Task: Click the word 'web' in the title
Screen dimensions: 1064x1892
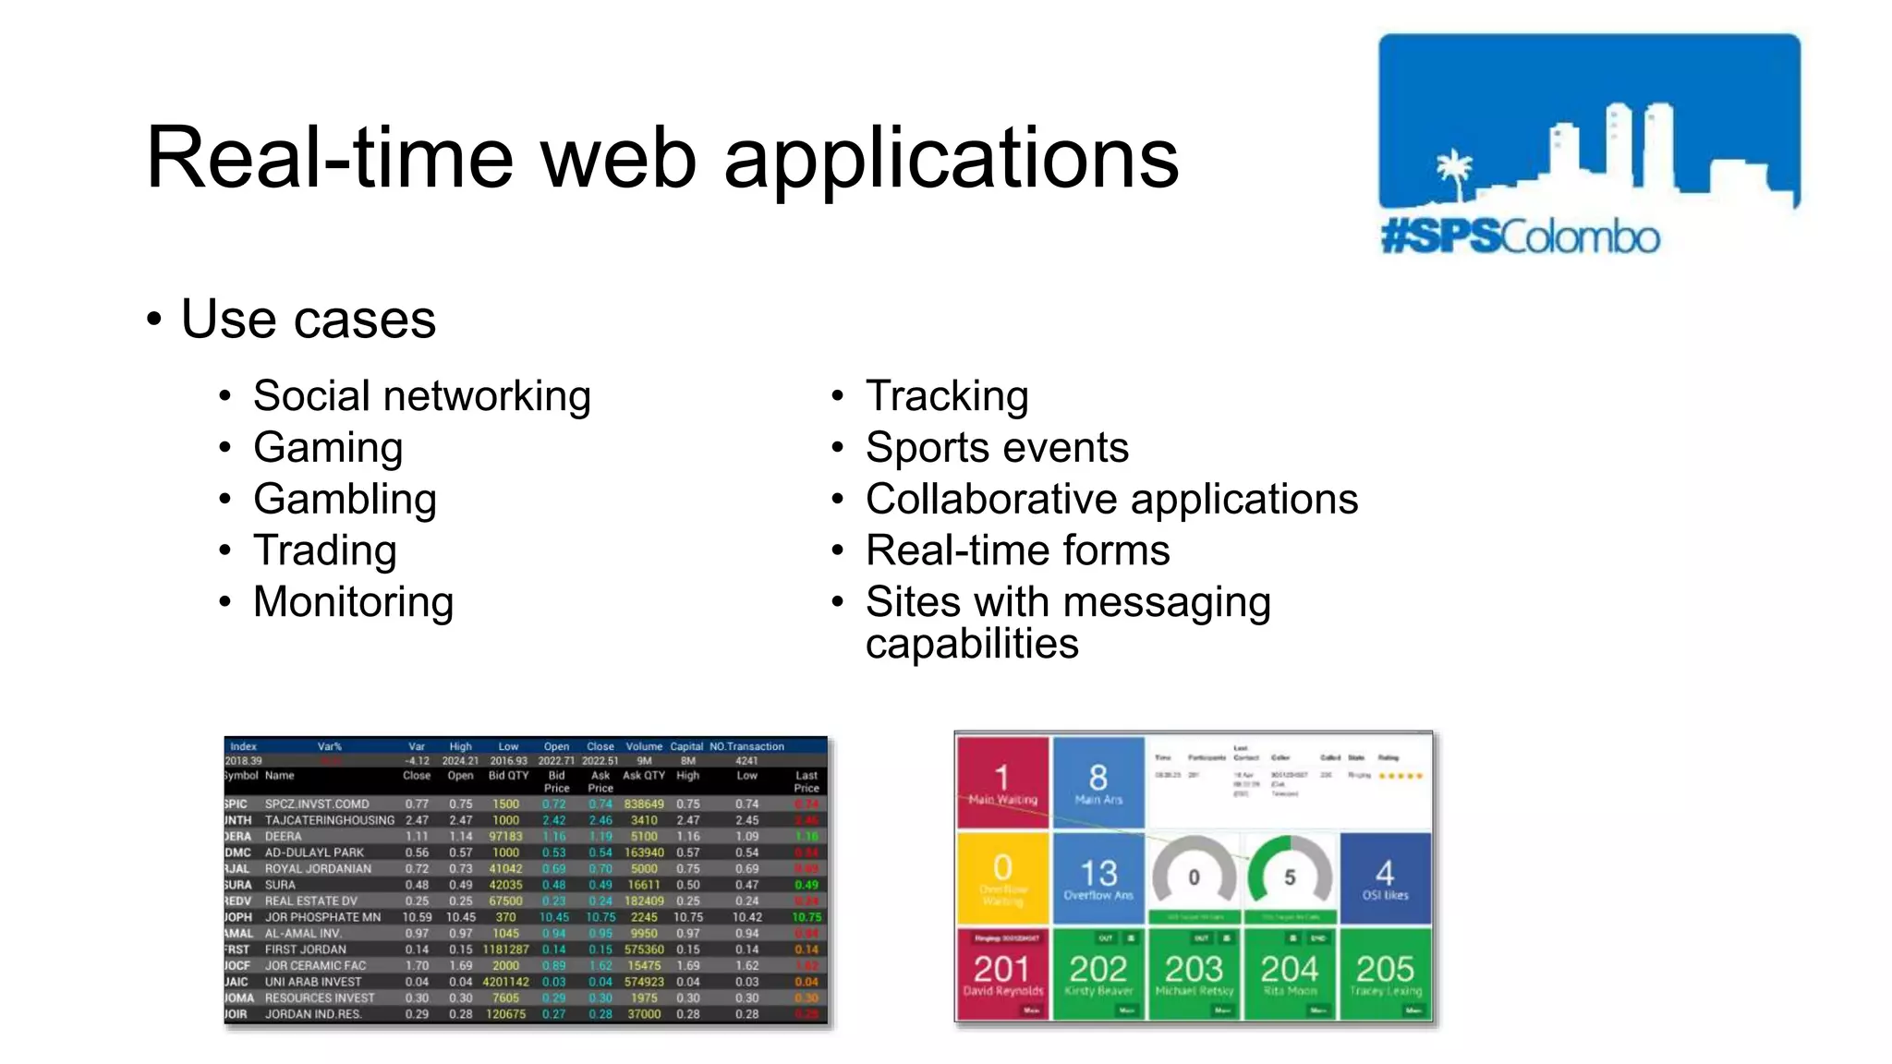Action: click(618, 158)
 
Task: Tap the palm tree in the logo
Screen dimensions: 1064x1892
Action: click(1454, 173)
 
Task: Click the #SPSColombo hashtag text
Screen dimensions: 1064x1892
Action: click(1521, 237)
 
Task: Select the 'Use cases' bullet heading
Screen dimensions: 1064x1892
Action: click(308, 320)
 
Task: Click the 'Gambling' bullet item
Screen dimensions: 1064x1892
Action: click(345, 499)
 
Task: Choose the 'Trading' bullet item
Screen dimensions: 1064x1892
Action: click(325, 550)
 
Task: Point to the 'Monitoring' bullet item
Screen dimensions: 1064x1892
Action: click(353, 602)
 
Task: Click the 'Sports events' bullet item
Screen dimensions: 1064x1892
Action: click(997, 448)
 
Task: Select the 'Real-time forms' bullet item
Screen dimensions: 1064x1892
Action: click(1017, 550)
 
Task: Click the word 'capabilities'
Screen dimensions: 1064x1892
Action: click(972, 644)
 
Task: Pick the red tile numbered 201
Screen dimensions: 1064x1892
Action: click(1002, 973)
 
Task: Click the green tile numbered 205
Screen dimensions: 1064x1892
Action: click(1385, 973)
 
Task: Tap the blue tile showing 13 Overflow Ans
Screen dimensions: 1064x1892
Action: click(1098, 877)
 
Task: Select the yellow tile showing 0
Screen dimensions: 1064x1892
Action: click(1002, 877)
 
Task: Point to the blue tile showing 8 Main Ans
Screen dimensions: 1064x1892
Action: click(1098, 781)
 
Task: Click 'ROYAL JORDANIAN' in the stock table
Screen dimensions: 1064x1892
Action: click(318, 868)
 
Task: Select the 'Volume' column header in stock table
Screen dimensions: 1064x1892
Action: click(644, 746)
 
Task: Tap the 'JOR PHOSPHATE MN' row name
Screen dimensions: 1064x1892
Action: click(322, 917)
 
